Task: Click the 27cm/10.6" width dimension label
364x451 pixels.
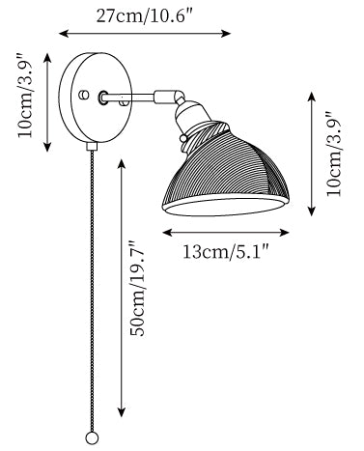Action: click(x=145, y=15)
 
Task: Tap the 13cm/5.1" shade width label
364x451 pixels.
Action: click(x=226, y=251)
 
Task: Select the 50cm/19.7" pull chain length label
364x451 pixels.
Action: click(x=137, y=289)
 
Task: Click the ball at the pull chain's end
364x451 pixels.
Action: click(x=92, y=438)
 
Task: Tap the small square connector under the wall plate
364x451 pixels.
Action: click(x=92, y=146)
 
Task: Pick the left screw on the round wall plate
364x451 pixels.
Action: click(x=84, y=95)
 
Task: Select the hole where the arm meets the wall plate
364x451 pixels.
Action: click(x=103, y=98)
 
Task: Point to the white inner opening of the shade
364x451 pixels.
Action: click(x=225, y=206)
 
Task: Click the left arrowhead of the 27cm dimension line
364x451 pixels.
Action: click(x=64, y=33)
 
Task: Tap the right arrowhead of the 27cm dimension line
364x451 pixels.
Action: click(x=226, y=33)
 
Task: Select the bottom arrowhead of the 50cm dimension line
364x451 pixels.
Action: click(x=122, y=412)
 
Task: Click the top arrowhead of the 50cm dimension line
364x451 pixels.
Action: click(x=122, y=164)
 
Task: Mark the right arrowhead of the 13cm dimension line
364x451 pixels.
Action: click(x=285, y=233)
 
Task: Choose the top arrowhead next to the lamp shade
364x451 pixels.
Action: click(x=312, y=98)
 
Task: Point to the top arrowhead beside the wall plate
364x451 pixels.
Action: click(x=47, y=59)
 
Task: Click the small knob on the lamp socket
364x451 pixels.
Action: click(x=183, y=138)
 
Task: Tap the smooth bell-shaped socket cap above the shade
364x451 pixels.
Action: click(x=190, y=113)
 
